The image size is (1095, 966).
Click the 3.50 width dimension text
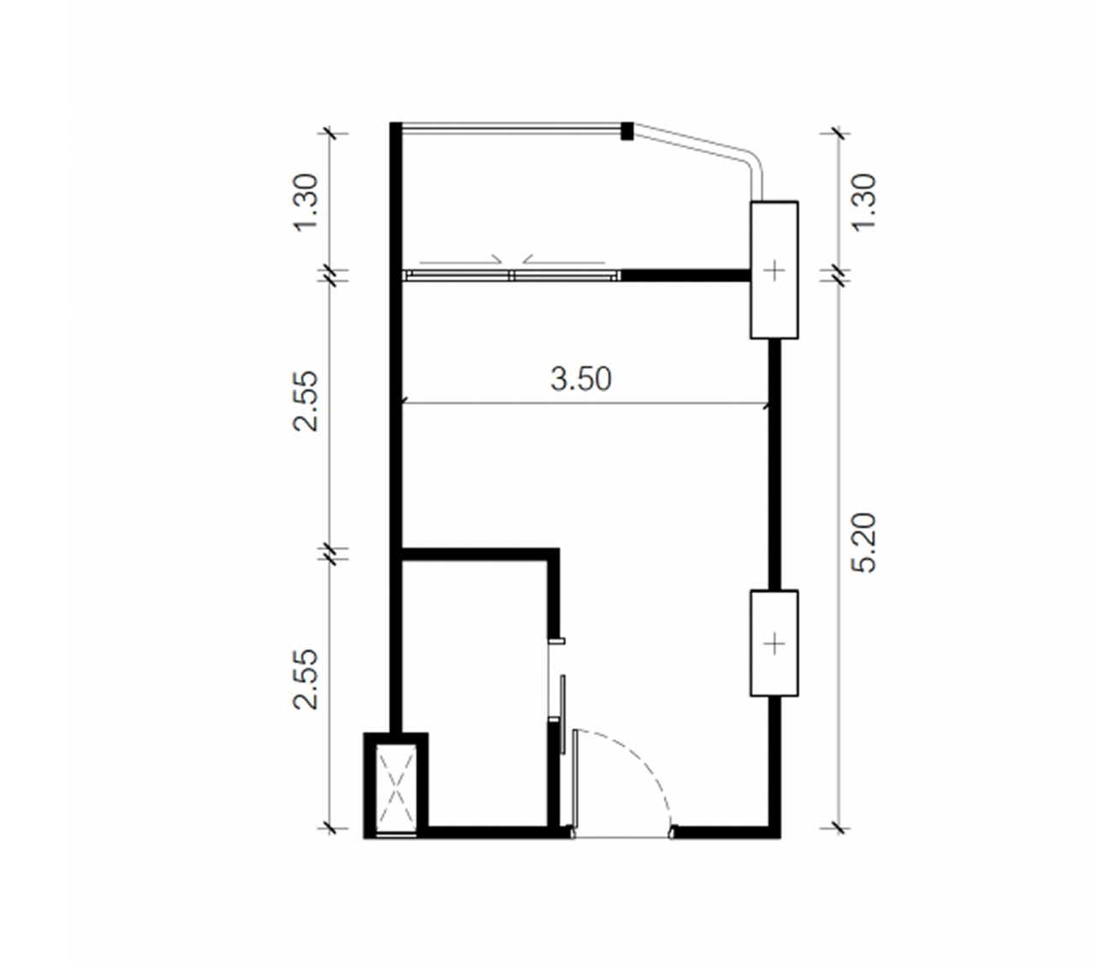(x=581, y=378)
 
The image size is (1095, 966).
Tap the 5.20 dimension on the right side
(x=865, y=542)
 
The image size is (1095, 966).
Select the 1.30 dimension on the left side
(x=305, y=202)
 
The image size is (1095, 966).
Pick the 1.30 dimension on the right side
(x=865, y=201)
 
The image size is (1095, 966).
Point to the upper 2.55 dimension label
(x=305, y=400)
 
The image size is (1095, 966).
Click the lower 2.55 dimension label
(x=305, y=679)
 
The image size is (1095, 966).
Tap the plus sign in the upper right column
(x=774, y=270)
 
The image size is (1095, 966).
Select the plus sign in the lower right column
(x=774, y=643)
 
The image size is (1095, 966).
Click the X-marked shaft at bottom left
(x=396, y=788)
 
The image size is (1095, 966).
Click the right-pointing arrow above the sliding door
(x=462, y=258)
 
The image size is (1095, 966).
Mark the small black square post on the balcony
(x=627, y=131)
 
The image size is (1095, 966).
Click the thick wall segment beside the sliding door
(x=684, y=275)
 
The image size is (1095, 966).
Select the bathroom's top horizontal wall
(x=479, y=554)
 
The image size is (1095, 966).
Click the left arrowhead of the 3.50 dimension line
(x=405, y=404)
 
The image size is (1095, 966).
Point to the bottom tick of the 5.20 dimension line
(x=837, y=827)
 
